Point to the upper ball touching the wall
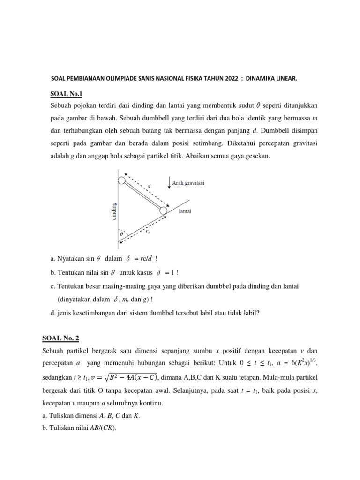[x=121, y=180]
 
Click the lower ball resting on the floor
[x=163, y=211]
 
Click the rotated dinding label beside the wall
[x=114, y=211]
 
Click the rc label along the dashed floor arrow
[x=148, y=232]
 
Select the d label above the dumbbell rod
[x=149, y=186]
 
